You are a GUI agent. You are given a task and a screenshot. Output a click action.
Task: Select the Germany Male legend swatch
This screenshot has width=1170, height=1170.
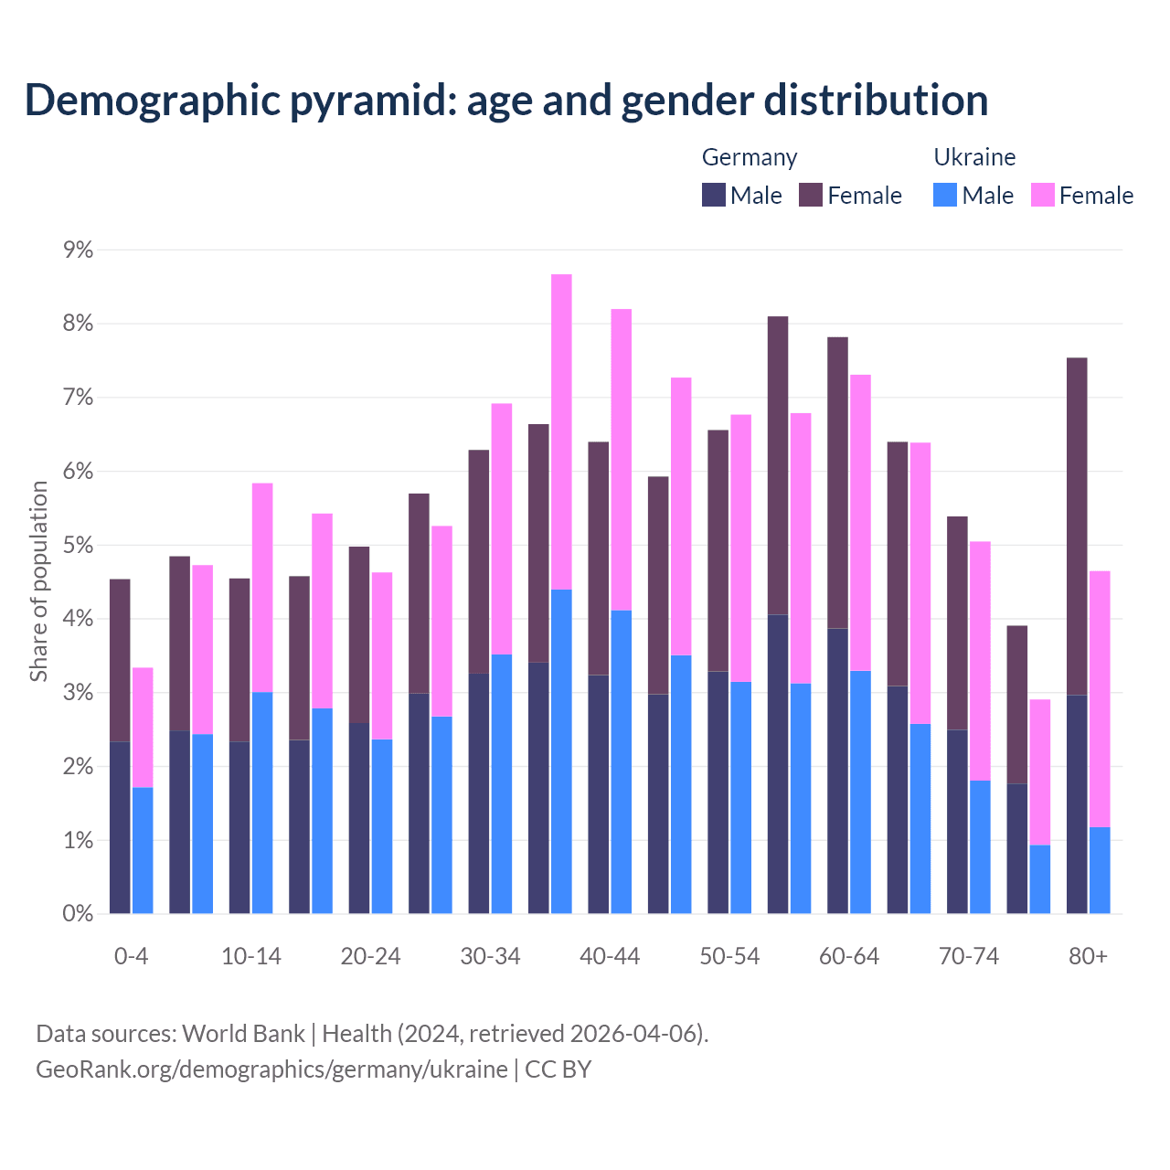[714, 196]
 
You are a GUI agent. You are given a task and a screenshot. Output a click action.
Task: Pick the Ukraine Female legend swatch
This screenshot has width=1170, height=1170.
[1042, 196]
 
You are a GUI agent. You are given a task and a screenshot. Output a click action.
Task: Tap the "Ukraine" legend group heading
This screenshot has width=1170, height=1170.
[974, 157]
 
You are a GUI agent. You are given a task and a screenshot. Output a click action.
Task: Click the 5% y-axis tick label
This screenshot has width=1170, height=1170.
[78, 546]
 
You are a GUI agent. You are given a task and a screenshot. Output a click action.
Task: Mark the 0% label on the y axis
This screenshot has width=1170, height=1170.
[78, 914]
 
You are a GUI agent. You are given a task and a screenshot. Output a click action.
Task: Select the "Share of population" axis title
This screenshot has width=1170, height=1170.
[39, 581]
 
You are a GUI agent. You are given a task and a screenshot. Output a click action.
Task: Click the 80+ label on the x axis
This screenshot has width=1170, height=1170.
[1088, 957]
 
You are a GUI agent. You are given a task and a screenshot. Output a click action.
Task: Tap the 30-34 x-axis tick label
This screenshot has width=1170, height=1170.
[490, 957]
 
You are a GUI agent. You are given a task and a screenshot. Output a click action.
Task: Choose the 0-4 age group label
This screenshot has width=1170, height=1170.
[131, 957]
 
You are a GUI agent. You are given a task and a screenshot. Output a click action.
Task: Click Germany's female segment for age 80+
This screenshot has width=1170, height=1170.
[1077, 526]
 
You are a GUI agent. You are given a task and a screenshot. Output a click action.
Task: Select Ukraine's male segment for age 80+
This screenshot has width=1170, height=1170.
[1100, 870]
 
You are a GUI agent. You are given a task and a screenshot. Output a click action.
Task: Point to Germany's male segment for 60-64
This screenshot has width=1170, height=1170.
[837, 771]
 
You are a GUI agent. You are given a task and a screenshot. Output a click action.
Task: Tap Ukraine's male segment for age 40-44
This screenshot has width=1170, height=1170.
[622, 761]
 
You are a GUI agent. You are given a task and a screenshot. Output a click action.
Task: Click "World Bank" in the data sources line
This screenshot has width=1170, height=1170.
[243, 1034]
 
